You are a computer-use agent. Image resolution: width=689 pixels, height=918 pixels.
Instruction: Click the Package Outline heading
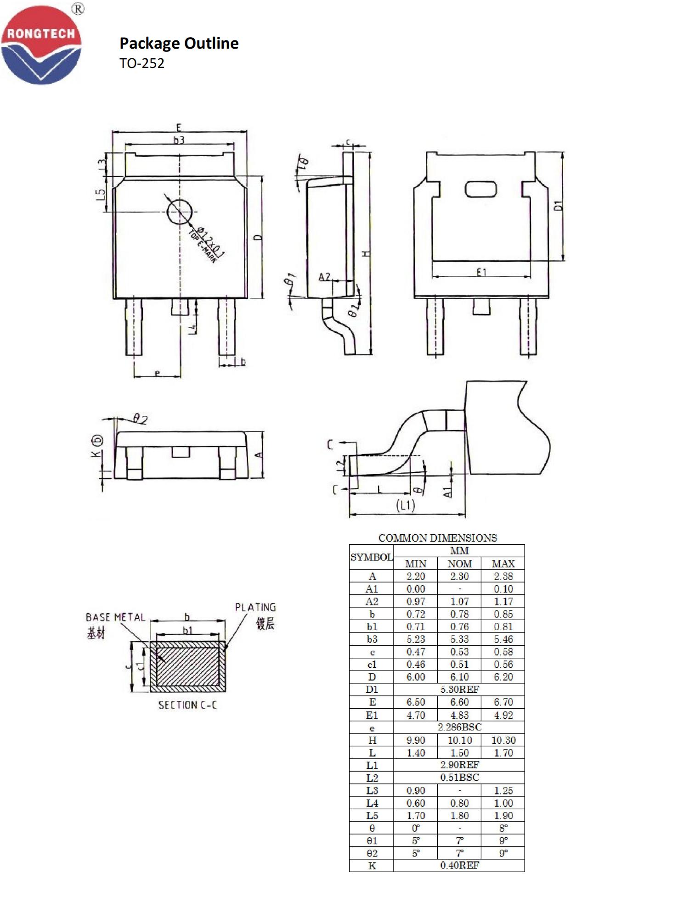(179, 43)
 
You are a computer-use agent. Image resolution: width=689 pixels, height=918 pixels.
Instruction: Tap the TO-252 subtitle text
(142, 63)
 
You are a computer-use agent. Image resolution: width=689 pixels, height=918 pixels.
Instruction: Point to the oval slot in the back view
(481, 189)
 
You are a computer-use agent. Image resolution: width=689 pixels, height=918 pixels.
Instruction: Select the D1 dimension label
(558, 206)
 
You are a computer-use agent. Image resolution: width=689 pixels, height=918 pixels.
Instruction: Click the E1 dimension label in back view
(481, 272)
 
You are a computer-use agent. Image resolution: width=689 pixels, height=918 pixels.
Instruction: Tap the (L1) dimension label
(406, 505)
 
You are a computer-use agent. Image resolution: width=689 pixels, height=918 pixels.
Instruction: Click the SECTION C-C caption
(187, 705)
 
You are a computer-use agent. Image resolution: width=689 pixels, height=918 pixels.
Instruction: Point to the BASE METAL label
(115, 617)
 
